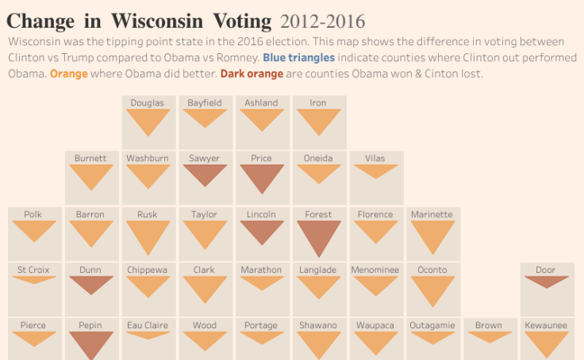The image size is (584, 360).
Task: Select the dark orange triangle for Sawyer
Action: (205, 174)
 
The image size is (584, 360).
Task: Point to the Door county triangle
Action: (546, 281)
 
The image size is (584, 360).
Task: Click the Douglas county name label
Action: (148, 102)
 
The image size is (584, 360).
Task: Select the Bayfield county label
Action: (205, 102)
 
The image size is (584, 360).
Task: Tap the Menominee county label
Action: (375, 270)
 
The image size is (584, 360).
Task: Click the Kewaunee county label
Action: (546, 325)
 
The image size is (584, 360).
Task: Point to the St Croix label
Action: (33, 270)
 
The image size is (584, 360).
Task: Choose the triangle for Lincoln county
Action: (261, 231)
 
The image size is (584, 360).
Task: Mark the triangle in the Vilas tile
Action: (375, 170)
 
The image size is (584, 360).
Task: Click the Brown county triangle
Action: (489, 336)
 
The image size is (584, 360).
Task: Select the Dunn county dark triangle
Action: (90, 284)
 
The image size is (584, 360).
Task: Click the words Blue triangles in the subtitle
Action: (298, 58)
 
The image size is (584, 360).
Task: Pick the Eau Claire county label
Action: (148, 325)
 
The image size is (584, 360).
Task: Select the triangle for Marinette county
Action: (432, 236)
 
